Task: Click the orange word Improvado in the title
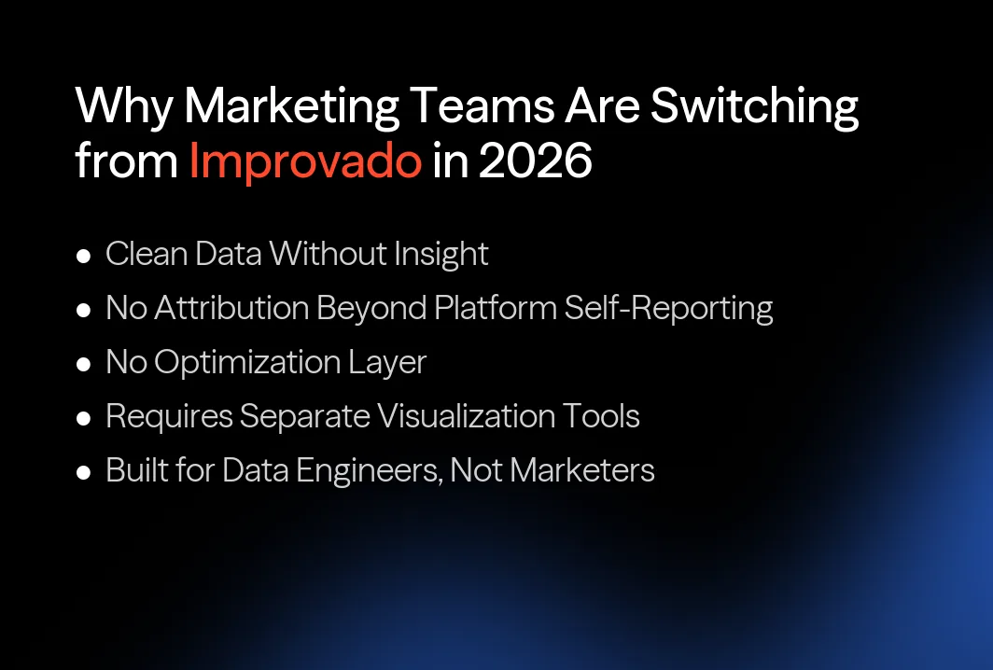click(x=305, y=161)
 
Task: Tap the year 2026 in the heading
click(x=535, y=161)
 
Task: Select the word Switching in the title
click(x=754, y=108)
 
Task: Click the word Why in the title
click(x=122, y=108)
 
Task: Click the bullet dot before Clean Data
click(x=84, y=256)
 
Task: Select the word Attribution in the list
click(x=232, y=308)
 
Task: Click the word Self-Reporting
click(x=668, y=308)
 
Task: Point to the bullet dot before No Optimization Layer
click(x=84, y=364)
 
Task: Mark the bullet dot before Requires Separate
click(x=84, y=418)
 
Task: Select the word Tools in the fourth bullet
click(x=602, y=416)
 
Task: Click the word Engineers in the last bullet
click(x=369, y=470)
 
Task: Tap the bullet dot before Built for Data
click(x=84, y=472)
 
